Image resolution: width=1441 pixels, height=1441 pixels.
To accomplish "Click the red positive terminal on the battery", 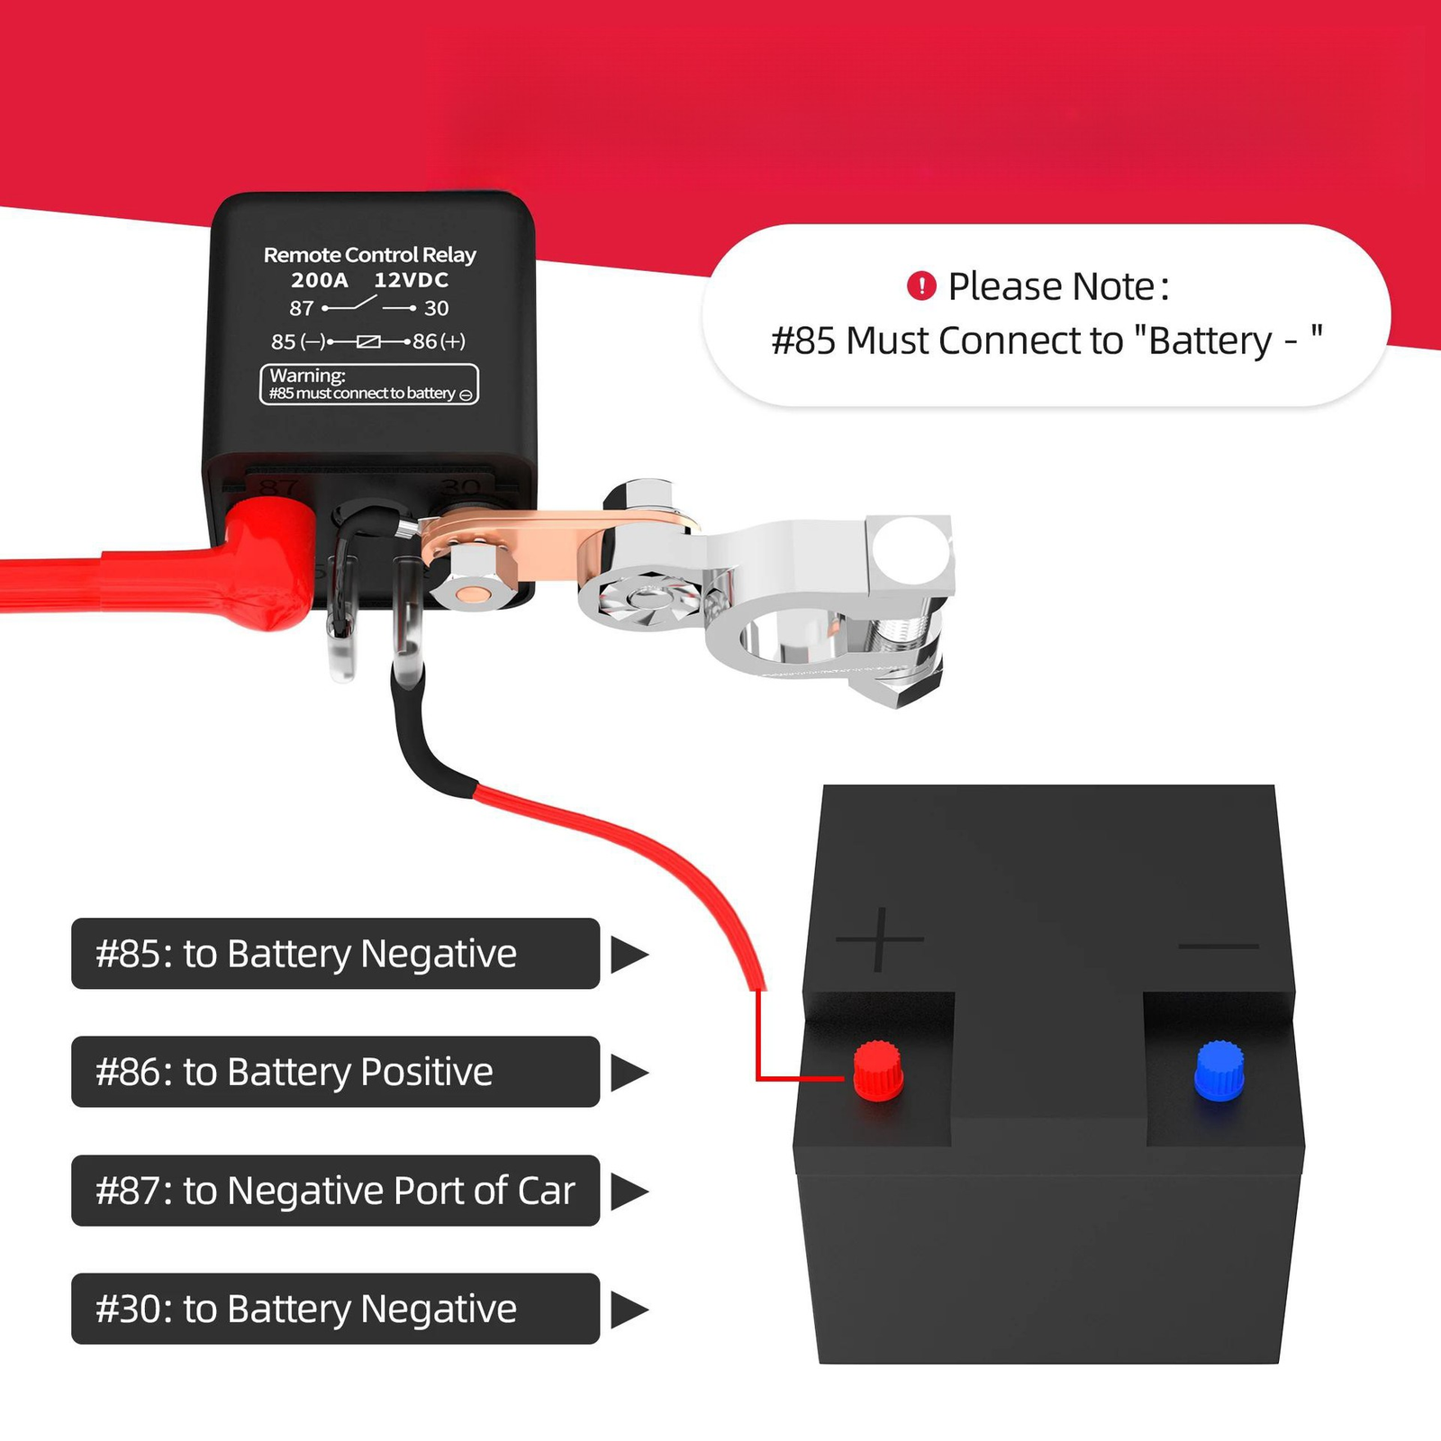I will (877, 1071).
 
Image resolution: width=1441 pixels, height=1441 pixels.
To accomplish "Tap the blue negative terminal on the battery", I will (1219, 1071).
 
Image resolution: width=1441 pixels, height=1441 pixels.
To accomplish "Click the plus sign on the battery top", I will (880, 939).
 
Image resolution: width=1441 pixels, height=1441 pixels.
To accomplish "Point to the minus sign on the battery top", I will (1219, 946).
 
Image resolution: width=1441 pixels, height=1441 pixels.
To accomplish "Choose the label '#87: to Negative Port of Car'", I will (334, 1191).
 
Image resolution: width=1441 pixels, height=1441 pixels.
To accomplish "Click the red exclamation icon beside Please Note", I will (921, 286).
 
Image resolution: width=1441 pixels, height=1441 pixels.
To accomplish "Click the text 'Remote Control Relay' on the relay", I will (369, 255).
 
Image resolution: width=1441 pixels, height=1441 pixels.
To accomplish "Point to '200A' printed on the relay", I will (319, 280).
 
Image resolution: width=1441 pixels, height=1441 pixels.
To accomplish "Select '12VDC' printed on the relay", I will (411, 280).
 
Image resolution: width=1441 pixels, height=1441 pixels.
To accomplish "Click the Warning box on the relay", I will (369, 385).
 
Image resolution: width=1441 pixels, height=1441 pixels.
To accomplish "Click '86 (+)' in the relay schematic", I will (439, 341).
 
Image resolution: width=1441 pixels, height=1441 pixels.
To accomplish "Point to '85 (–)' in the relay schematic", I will (297, 341).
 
